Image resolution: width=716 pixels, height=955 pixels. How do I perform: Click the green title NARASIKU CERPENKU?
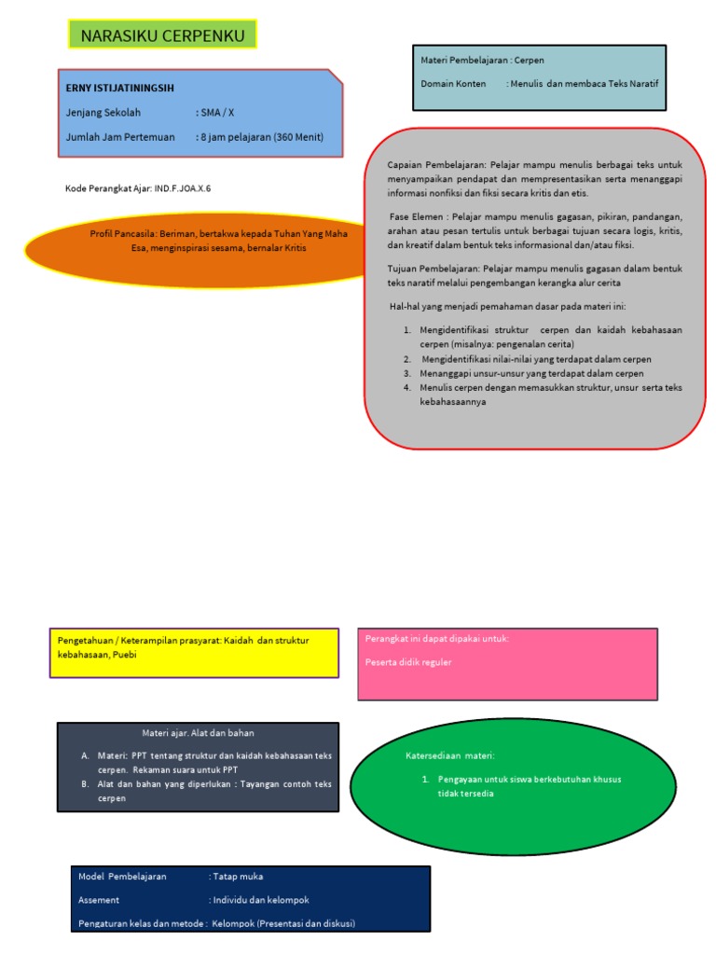point(162,35)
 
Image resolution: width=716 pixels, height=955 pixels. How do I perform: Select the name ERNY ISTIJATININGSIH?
point(120,88)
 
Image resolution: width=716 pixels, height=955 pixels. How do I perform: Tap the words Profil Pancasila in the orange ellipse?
point(122,234)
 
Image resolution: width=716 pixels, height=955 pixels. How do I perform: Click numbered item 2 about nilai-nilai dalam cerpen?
point(536,359)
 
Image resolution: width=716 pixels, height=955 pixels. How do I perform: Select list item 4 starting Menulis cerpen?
point(550,387)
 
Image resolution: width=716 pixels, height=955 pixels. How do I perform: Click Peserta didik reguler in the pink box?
point(408,662)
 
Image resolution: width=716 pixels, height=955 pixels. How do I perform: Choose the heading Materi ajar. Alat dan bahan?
point(198,733)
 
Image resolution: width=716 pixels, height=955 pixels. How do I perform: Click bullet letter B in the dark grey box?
point(85,784)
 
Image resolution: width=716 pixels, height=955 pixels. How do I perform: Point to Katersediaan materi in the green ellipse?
point(449,754)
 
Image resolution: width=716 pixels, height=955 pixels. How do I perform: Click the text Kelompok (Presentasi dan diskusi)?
point(283,923)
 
